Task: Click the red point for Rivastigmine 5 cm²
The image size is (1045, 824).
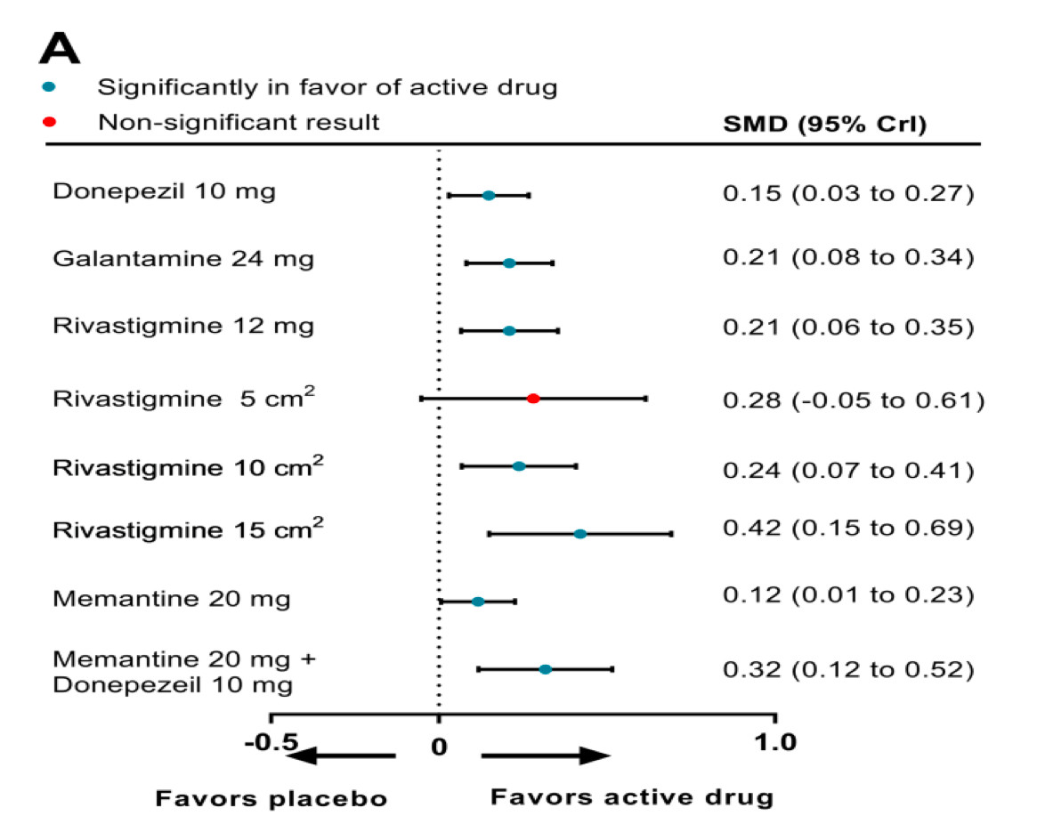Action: [x=533, y=398]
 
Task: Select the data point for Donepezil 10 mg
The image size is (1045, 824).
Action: [x=489, y=195]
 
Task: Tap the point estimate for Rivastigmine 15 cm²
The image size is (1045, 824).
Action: [x=580, y=534]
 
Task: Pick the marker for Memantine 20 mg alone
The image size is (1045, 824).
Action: [x=478, y=602]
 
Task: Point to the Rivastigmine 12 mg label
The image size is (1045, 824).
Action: [x=182, y=327]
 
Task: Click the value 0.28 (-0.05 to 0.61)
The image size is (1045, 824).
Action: [x=852, y=400]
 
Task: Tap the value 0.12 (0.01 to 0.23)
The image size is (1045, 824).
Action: [x=847, y=595]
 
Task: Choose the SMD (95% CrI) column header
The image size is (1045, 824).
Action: [x=824, y=124]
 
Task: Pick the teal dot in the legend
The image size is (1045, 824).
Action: [x=49, y=87]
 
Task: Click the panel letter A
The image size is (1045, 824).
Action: [x=59, y=48]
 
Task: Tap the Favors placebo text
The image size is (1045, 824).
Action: [x=271, y=798]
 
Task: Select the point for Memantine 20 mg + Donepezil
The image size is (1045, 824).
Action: [x=546, y=669]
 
